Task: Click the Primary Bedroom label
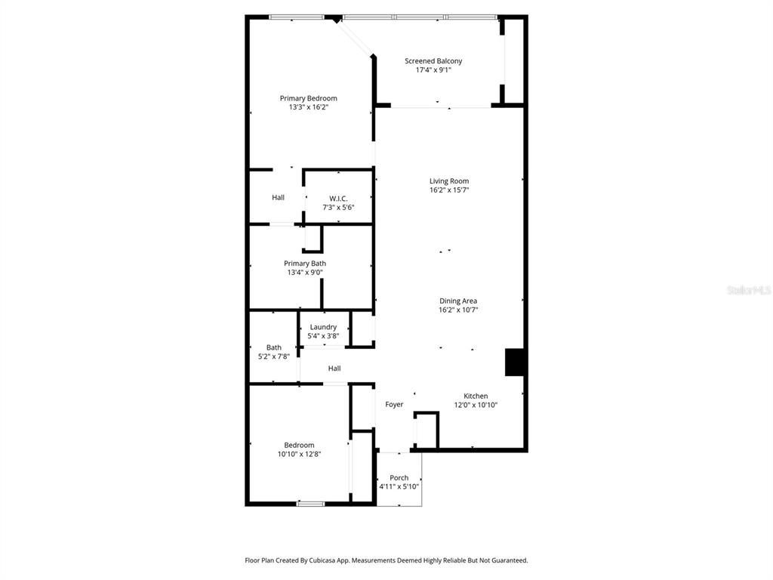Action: click(x=308, y=98)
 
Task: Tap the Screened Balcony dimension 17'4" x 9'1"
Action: click(x=433, y=70)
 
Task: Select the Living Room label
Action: click(x=449, y=181)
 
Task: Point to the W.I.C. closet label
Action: click(x=338, y=199)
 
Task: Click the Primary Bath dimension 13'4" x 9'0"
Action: click(x=305, y=273)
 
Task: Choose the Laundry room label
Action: click(x=323, y=327)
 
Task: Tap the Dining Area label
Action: click(x=458, y=301)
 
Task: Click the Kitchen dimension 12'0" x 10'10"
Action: click(x=476, y=406)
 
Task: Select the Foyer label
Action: click(x=394, y=405)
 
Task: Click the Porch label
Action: click(x=399, y=478)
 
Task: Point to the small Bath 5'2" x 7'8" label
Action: click(x=273, y=348)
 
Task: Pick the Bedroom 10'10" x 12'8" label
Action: click(x=299, y=446)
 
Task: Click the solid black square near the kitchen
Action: click(x=515, y=362)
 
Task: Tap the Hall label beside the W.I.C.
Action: click(x=279, y=198)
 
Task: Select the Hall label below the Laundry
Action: click(x=334, y=369)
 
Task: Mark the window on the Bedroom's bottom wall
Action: click(x=310, y=503)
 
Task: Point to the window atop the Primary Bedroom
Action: click(x=297, y=17)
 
